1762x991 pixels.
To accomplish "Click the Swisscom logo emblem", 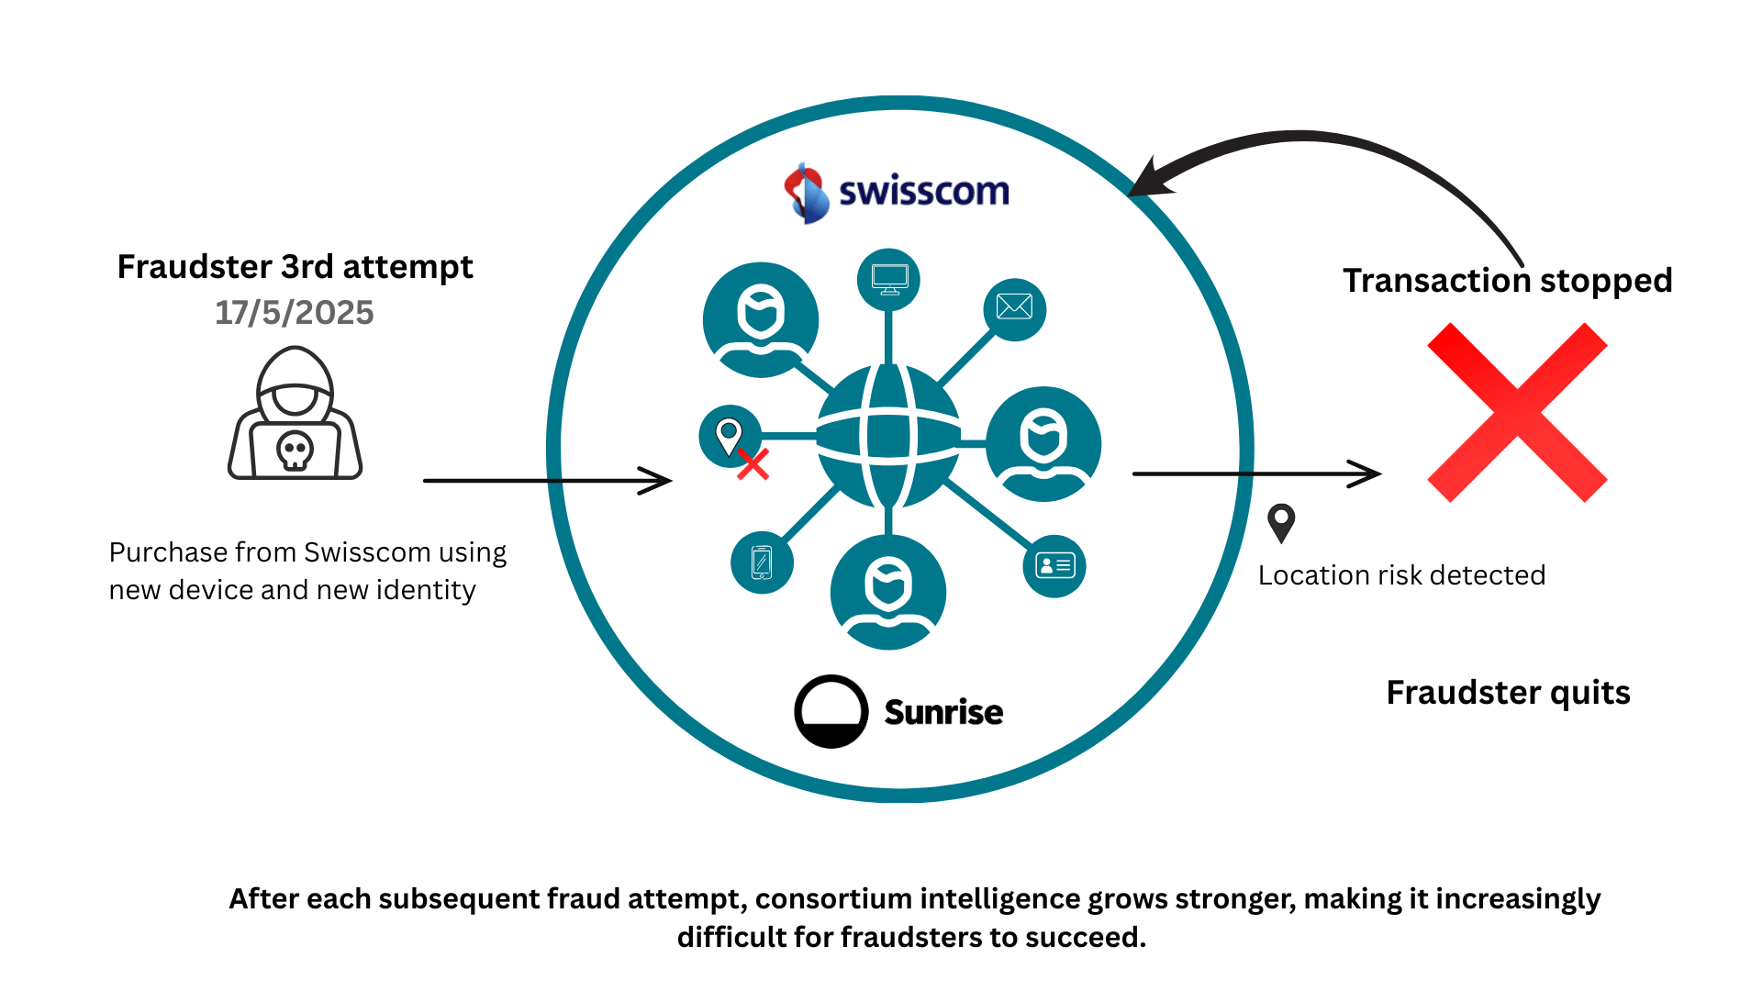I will pyautogui.click(x=806, y=193).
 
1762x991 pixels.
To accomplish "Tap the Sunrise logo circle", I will pyautogui.click(x=831, y=712).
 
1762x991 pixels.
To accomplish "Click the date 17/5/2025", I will pyautogui.click(x=294, y=313).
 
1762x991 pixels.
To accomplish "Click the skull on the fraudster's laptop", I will pyautogui.click(x=295, y=451).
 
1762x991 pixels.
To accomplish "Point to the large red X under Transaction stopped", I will pyautogui.click(x=1517, y=412).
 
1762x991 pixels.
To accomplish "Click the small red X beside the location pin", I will pyautogui.click(x=753, y=465).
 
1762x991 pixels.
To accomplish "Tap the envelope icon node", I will pyautogui.click(x=1014, y=308).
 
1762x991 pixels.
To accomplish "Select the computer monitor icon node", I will pyautogui.click(x=888, y=279).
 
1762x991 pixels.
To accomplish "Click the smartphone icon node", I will pyautogui.click(x=762, y=562).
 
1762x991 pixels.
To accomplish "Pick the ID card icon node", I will pyautogui.click(x=1054, y=565).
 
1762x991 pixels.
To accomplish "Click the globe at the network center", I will pyautogui.click(x=888, y=436).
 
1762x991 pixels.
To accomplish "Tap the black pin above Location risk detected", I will pyautogui.click(x=1281, y=522).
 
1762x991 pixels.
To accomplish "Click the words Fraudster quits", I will pyautogui.click(x=1508, y=693).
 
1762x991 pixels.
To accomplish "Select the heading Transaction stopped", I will pyautogui.click(x=1508, y=281).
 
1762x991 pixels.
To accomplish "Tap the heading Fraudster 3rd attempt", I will pyautogui.click(x=295, y=267).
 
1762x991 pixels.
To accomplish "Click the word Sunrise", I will pyautogui.click(x=943, y=713).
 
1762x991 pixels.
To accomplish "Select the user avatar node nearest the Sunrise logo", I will pyautogui.click(x=887, y=592).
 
